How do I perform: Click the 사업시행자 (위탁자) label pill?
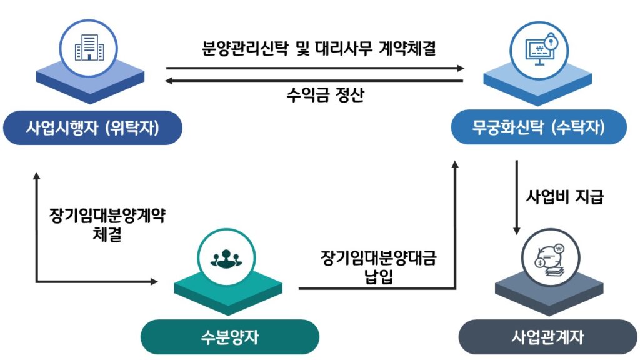(92, 128)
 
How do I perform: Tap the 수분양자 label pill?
(229, 337)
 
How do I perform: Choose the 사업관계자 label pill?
(547, 337)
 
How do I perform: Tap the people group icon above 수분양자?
(225, 256)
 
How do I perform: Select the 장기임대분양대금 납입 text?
(378, 267)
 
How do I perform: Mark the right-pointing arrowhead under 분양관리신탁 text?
(462, 67)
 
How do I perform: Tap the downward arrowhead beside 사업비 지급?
(517, 232)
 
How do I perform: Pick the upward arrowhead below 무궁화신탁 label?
(455, 164)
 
